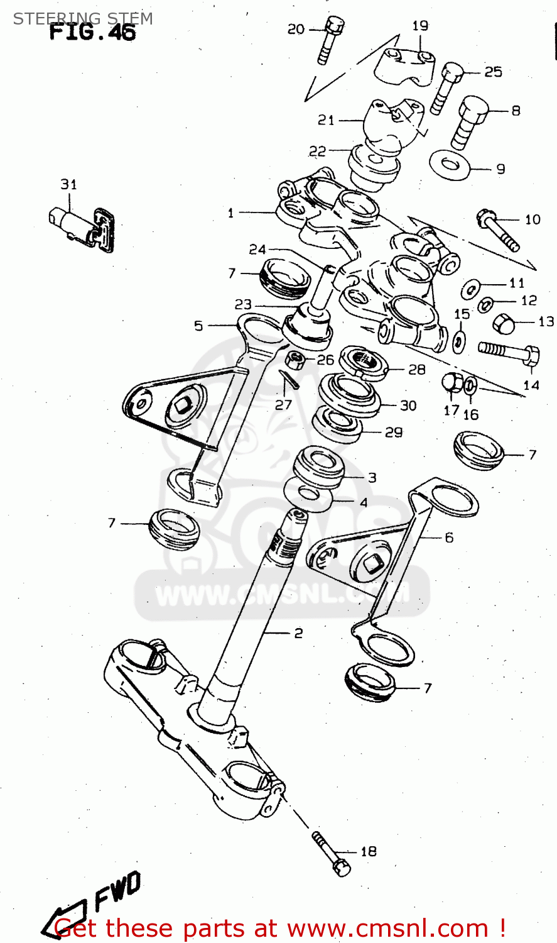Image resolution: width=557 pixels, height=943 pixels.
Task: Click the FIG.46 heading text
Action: (92, 32)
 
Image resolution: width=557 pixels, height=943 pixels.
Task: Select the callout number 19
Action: (420, 26)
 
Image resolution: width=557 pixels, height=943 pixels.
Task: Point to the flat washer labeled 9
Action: (450, 165)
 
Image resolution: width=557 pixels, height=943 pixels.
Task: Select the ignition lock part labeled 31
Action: (82, 224)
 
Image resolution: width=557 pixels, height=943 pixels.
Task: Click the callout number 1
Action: (230, 213)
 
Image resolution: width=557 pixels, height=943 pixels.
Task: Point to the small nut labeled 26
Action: (295, 361)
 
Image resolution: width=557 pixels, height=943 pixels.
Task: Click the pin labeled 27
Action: (289, 381)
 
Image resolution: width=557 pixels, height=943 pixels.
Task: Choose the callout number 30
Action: (408, 405)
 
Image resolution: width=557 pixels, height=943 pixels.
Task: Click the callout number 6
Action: (449, 538)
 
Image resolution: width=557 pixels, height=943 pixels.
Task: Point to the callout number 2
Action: (298, 633)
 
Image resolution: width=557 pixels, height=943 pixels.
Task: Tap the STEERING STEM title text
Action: (83, 18)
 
